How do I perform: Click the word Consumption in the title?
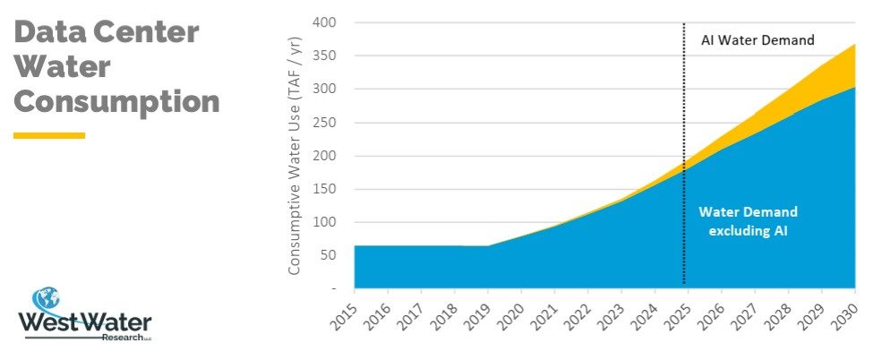click(x=117, y=99)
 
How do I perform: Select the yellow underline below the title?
click(x=49, y=135)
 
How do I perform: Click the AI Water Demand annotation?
click(x=757, y=40)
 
